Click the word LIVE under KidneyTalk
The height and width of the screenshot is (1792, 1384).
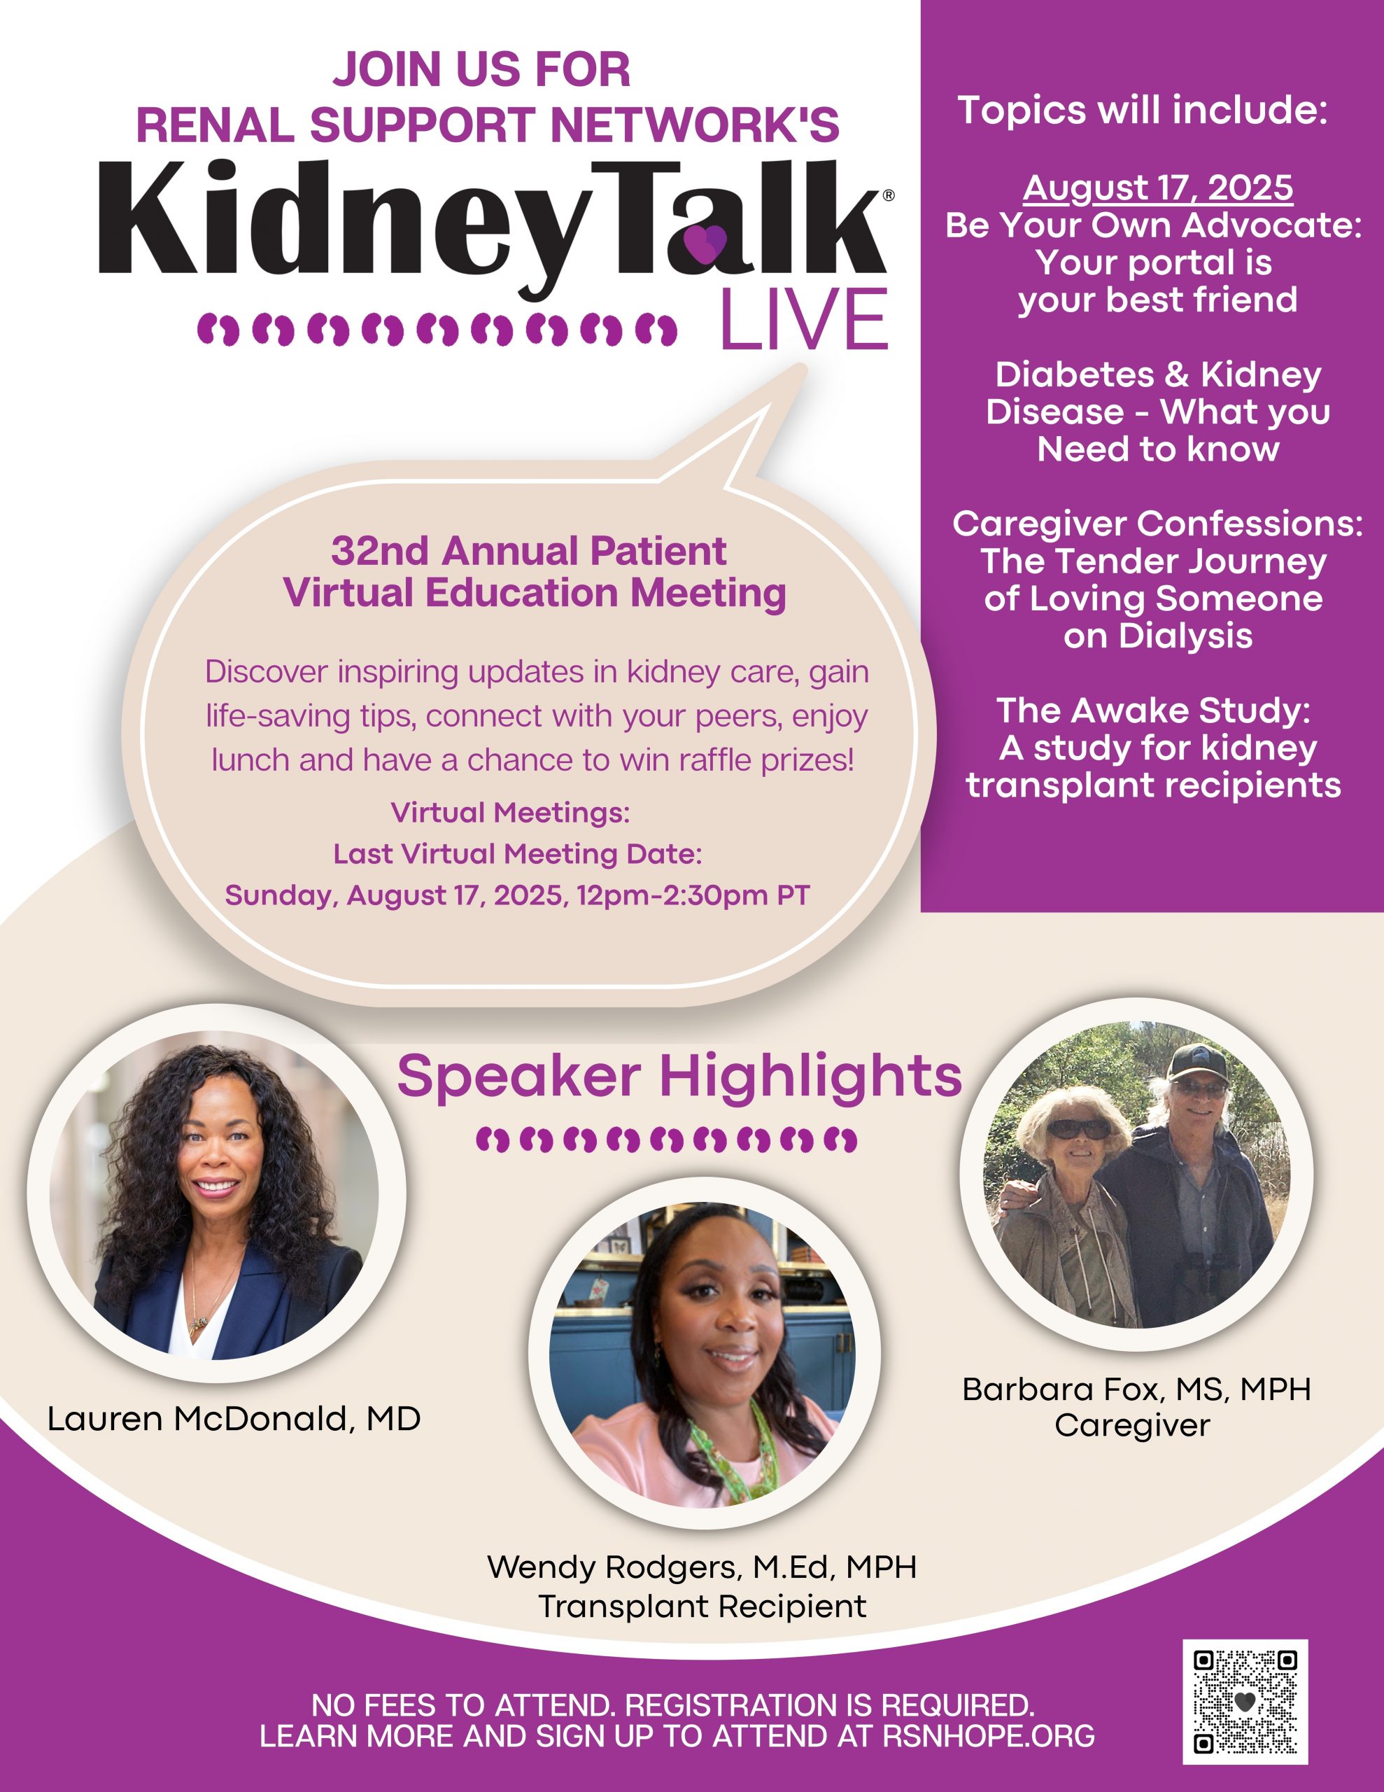point(804,319)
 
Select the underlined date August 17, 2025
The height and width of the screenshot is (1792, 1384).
point(1157,189)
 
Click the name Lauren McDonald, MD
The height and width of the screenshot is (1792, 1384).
point(234,1419)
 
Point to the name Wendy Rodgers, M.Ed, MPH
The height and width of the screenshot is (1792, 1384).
point(701,1567)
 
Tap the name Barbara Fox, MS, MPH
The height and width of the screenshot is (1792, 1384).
point(1136,1389)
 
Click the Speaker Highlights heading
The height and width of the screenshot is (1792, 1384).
point(679,1076)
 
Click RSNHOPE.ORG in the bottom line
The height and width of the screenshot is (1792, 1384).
point(989,1737)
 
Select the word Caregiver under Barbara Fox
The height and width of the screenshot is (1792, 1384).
point(1132,1425)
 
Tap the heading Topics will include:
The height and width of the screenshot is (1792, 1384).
point(1143,110)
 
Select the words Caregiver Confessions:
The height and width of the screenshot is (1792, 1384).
point(1157,524)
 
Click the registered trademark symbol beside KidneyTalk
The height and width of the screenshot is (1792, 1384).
point(888,195)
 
